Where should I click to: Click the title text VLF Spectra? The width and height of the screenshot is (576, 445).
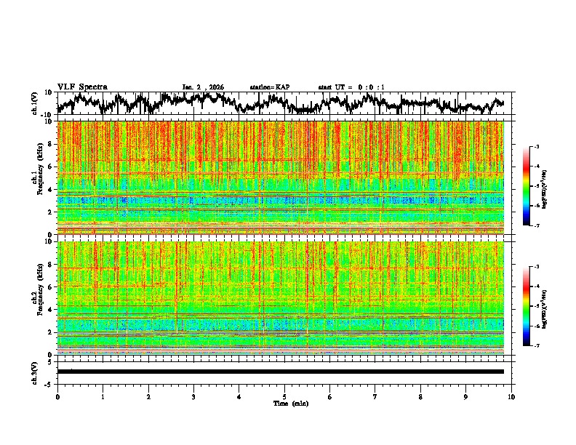(x=82, y=87)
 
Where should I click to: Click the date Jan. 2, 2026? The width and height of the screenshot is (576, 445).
(x=203, y=87)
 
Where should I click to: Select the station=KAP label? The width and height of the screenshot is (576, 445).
(x=269, y=87)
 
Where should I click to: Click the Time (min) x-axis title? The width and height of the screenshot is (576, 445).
(x=290, y=403)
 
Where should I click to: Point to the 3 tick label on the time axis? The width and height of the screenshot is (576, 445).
(x=193, y=396)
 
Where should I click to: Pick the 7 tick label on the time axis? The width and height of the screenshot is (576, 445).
(x=375, y=396)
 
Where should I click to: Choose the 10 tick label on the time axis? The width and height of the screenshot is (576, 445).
(x=511, y=396)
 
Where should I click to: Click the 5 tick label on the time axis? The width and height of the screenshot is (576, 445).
(x=284, y=396)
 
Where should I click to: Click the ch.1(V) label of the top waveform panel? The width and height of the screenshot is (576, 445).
(x=35, y=103)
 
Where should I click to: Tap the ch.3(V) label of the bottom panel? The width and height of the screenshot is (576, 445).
(x=35, y=372)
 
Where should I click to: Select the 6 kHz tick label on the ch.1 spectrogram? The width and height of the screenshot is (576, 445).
(x=51, y=167)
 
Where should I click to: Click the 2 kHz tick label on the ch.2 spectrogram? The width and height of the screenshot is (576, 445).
(x=51, y=332)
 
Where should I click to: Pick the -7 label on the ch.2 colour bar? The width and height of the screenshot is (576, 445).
(x=546, y=346)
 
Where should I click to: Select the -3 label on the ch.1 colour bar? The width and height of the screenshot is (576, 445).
(x=546, y=147)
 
